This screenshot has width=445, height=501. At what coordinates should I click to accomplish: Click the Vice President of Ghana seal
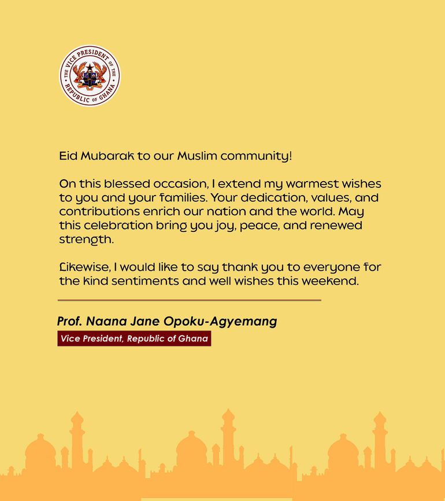click(x=90, y=76)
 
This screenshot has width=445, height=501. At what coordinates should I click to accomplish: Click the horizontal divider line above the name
click(x=189, y=300)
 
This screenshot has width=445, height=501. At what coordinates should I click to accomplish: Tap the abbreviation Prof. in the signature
click(x=69, y=321)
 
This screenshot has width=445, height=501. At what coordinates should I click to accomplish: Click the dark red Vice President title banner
click(x=134, y=338)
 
